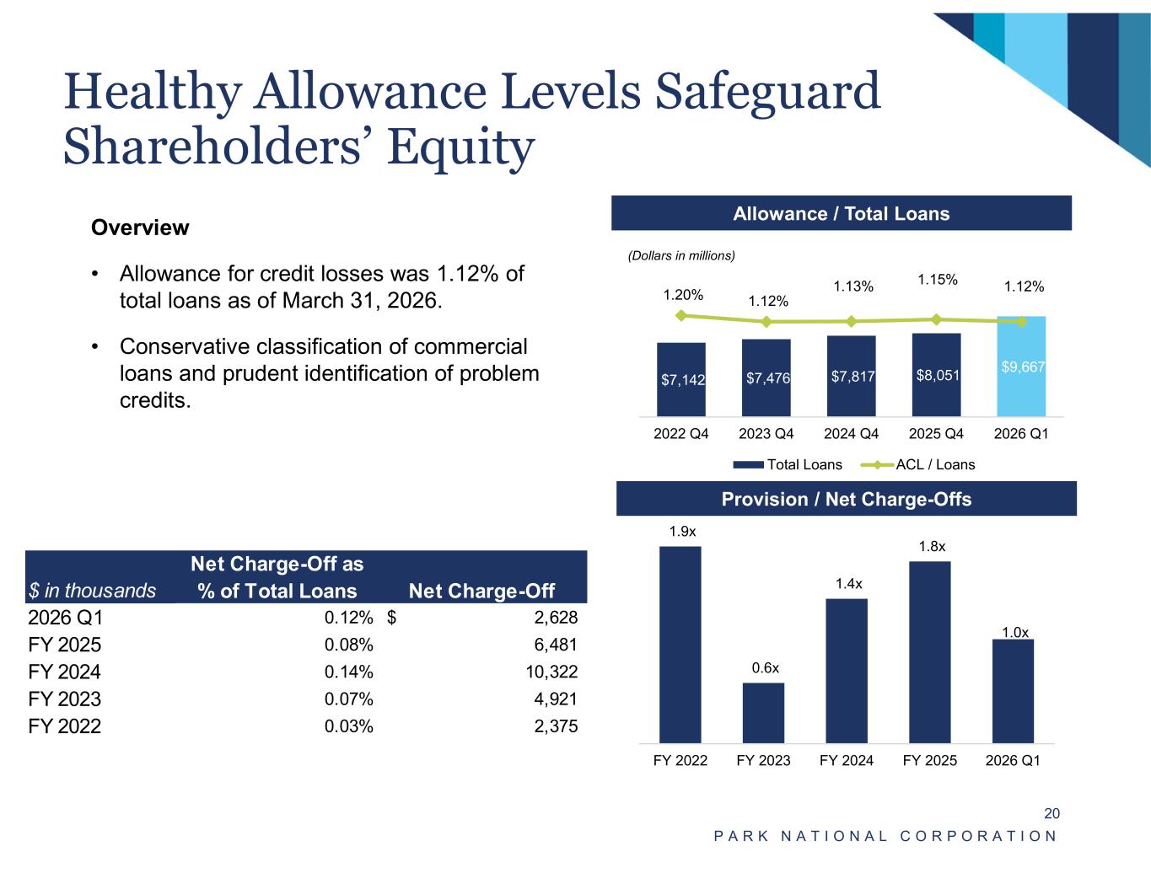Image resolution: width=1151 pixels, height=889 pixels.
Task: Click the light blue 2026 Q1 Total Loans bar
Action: pyautogui.click(x=1020, y=367)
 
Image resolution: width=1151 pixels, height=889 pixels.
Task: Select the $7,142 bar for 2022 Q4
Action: pyautogui.click(x=681, y=379)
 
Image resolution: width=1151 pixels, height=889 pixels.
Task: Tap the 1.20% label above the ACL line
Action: pyautogui.click(x=683, y=295)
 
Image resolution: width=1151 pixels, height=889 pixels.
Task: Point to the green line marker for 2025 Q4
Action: pyautogui.click(x=937, y=319)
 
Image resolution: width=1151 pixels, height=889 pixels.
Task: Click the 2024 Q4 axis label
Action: pyautogui.click(x=851, y=433)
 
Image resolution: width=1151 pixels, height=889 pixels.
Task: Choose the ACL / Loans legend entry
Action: pyautogui.click(x=918, y=464)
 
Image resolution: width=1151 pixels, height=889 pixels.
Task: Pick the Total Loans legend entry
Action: pyautogui.click(x=788, y=464)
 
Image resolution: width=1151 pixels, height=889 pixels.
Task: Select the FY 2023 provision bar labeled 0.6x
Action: pyautogui.click(x=763, y=713)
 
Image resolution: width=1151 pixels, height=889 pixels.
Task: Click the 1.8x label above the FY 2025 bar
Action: pyautogui.click(x=933, y=546)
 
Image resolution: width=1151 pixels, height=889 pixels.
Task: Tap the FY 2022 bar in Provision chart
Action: pyautogui.click(x=680, y=645)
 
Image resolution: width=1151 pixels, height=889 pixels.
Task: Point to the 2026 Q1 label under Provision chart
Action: pyautogui.click(x=1012, y=760)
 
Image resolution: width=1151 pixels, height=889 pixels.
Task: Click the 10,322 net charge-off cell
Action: pyautogui.click(x=551, y=672)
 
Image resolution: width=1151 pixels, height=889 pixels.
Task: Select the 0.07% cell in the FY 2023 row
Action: pyautogui.click(x=348, y=699)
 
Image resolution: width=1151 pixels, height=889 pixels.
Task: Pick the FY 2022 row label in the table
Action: pyautogui.click(x=64, y=726)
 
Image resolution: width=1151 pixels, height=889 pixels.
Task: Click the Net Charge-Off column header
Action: pyautogui.click(x=481, y=591)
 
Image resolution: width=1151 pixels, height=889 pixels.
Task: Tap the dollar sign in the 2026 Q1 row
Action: pyautogui.click(x=391, y=617)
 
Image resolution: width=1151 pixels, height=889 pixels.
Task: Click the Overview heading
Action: pyautogui.click(x=140, y=228)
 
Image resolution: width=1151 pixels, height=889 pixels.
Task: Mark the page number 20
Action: pyautogui.click(x=1051, y=813)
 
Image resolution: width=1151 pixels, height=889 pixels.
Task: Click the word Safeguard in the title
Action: pyautogui.click(x=767, y=92)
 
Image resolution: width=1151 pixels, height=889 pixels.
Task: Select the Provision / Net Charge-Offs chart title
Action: pyautogui.click(x=847, y=499)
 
